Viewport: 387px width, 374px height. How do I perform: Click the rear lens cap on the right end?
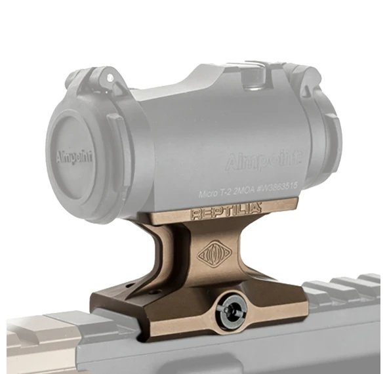328,141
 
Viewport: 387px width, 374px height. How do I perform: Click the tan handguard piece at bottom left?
39,335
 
